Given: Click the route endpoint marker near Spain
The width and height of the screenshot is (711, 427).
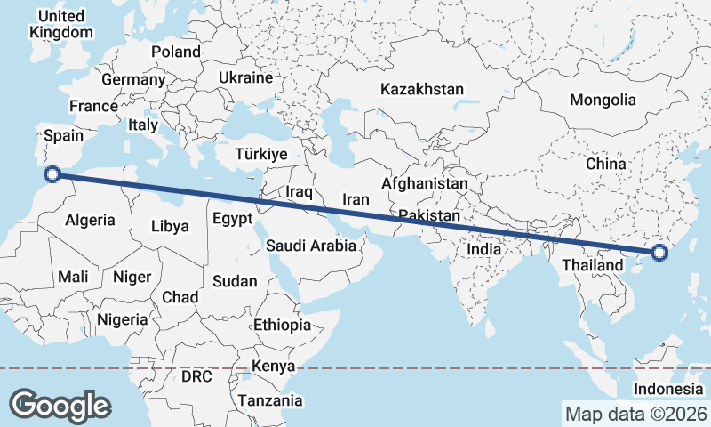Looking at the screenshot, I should click(52, 174).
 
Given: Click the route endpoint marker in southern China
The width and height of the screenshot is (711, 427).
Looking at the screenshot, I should click(659, 253).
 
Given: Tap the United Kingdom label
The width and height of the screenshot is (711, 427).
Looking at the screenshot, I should click(61, 25).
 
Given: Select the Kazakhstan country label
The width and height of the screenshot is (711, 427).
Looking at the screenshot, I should click(422, 89).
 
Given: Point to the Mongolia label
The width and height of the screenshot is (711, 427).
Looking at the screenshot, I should click(603, 100).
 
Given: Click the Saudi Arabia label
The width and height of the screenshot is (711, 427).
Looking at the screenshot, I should click(312, 246).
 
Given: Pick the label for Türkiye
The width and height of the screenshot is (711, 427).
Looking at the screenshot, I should click(260, 154).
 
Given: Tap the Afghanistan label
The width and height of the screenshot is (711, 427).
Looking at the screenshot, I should click(424, 183).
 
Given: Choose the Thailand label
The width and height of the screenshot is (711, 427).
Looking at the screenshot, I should click(593, 265).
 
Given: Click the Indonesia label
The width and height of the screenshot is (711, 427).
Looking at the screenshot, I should click(668, 390).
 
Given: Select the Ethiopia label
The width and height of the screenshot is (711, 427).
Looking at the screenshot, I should click(282, 325).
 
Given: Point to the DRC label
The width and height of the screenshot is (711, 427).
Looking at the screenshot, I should click(196, 376).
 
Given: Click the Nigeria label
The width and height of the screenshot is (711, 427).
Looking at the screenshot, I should click(122, 319).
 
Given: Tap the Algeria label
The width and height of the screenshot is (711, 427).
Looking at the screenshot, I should click(90, 219).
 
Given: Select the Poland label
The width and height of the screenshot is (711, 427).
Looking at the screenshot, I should click(176, 52).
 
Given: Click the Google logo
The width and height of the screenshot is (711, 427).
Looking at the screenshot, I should click(60, 405).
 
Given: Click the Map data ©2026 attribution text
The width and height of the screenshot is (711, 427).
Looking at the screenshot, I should click(635, 414).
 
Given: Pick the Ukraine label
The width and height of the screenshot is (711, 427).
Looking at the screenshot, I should click(245, 77).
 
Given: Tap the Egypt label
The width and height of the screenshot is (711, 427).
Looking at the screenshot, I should click(233, 218).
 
